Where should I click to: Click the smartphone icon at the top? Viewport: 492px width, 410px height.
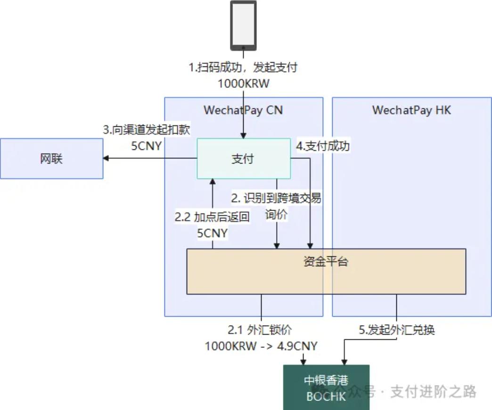pyautogui.click(x=243, y=25)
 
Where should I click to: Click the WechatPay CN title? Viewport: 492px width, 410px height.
pyautogui.click(x=243, y=110)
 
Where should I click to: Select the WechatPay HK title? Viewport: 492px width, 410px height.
pyautogui.click(x=411, y=110)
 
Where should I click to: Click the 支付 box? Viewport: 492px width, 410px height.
pyautogui.click(x=243, y=159)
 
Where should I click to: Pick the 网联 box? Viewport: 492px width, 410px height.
pyautogui.click(x=51, y=159)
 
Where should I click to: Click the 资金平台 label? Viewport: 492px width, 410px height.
pyautogui.click(x=326, y=262)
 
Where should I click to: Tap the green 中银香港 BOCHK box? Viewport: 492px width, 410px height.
pyautogui.click(x=326, y=387)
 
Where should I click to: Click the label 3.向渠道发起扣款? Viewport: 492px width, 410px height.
pyautogui.click(x=147, y=130)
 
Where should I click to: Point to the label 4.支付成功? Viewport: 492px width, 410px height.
pyautogui.click(x=323, y=146)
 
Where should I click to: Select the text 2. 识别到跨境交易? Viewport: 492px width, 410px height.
pyautogui.click(x=276, y=198)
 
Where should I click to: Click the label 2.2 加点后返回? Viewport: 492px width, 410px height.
pyautogui.click(x=212, y=217)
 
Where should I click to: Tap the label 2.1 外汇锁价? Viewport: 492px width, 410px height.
pyautogui.click(x=261, y=330)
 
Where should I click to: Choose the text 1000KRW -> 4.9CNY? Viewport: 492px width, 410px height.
pyautogui.click(x=261, y=346)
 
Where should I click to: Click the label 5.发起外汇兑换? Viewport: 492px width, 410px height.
pyautogui.click(x=397, y=330)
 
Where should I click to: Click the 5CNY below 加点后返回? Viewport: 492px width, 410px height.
pyautogui.click(x=212, y=233)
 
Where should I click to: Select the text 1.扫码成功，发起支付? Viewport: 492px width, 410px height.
pyautogui.click(x=243, y=67)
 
